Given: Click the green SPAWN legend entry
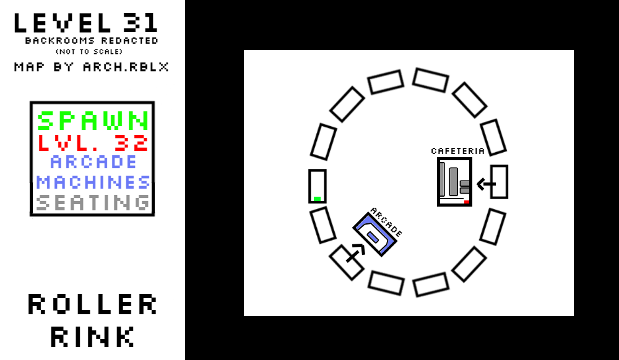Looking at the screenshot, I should tap(93, 121).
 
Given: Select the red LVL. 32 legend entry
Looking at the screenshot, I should tap(93, 143).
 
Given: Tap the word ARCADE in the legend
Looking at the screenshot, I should tap(93, 162).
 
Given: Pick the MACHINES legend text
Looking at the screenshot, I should tap(93, 182).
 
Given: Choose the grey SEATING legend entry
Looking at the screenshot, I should tap(93, 203).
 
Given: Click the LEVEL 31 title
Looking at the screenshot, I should tap(85, 23).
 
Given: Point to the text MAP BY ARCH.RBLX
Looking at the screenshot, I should tap(92, 67).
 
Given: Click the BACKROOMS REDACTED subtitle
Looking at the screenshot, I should tap(92, 41).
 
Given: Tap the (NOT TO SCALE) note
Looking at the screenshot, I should tap(92, 51).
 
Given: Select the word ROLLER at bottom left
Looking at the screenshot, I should tap(93, 304).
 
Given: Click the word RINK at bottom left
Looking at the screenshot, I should tap(93, 336).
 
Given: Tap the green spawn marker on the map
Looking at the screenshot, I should tap(317, 199).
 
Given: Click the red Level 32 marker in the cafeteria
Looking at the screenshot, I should tap(466, 202).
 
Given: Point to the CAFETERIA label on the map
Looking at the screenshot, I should tap(457, 151).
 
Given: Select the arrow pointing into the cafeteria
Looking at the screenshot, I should tap(486, 184).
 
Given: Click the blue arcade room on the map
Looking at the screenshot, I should tap(374, 235).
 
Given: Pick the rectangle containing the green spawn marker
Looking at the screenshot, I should tap(317, 186).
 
